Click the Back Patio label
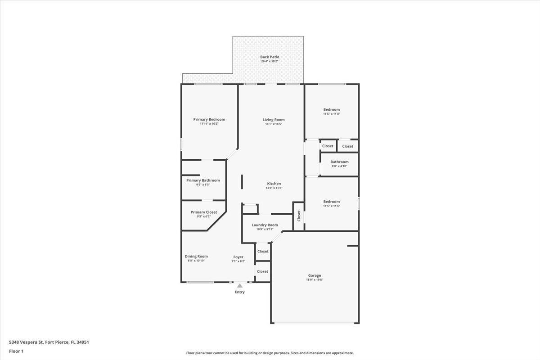pyautogui.click(x=270, y=57)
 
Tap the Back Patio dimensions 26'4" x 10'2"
pyautogui.click(x=270, y=61)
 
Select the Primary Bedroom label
pyautogui.click(x=209, y=119)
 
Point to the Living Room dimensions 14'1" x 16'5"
pyautogui.click(x=274, y=124)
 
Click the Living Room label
pyautogui.click(x=274, y=120)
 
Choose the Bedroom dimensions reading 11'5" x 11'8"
pyautogui.click(x=332, y=114)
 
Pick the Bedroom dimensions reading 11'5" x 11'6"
pyautogui.click(x=332, y=206)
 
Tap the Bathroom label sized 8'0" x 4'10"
pyautogui.click(x=339, y=162)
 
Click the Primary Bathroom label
pyautogui.click(x=203, y=180)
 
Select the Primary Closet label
pyautogui.click(x=204, y=212)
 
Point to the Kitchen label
pyautogui.click(x=274, y=184)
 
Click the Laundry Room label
pyautogui.click(x=265, y=225)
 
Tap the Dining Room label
pyautogui.click(x=196, y=256)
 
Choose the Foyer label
pyautogui.click(x=238, y=257)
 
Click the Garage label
pyautogui.click(x=315, y=275)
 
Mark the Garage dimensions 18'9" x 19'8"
pyautogui.click(x=315, y=279)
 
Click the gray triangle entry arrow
pyautogui.click(x=240, y=285)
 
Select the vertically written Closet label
pyautogui.click(x=299, y=216)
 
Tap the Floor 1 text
pyautogui.click(x=16, y=351)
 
